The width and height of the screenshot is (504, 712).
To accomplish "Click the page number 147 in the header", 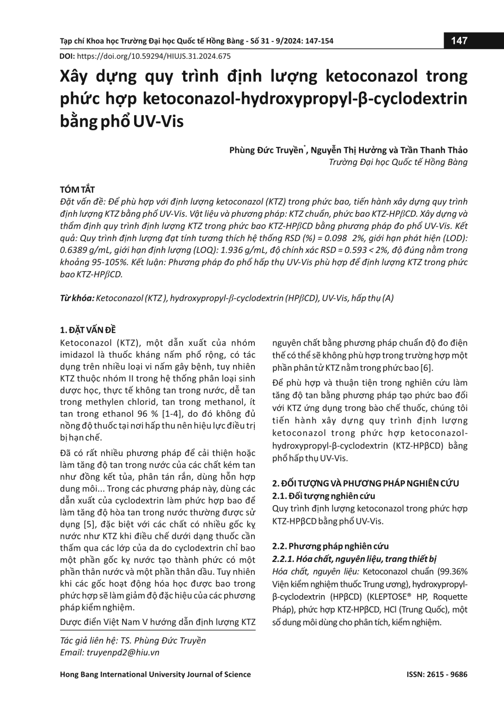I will (459, 41).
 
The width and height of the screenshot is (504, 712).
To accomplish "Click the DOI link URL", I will (153, 56).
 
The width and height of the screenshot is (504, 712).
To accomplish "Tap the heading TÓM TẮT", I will (78, 189).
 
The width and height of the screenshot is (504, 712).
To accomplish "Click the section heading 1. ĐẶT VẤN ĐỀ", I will (88, 330).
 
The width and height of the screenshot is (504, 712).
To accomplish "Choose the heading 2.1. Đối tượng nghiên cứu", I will (324, 496).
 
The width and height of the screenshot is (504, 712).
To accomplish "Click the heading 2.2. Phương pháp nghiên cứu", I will (330, 546).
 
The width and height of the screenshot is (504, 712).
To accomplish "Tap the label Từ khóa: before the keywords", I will (77, 298).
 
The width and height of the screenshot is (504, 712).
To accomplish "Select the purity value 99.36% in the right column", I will (451, 571).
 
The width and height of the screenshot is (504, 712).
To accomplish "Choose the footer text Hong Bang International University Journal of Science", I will (155, 674).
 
